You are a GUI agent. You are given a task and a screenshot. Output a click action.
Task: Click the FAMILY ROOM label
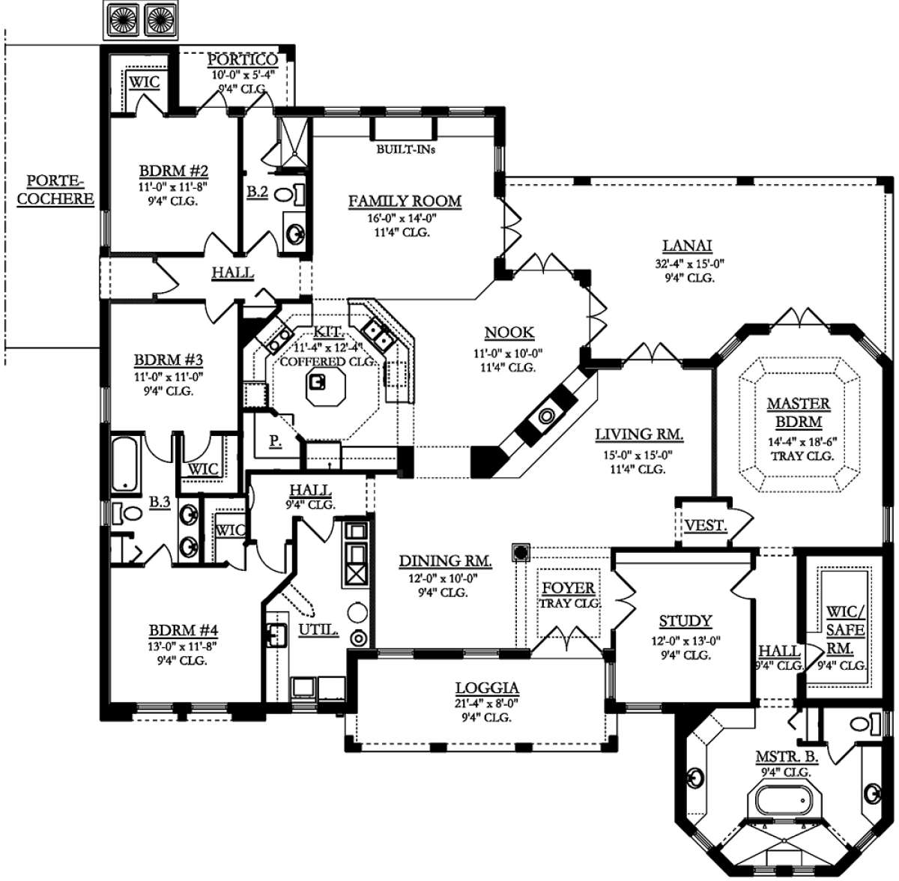(x=405, y=201)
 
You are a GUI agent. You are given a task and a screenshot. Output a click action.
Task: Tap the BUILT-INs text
(x=406, y=150)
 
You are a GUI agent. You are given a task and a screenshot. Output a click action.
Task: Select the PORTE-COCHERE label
(x=55, y=190)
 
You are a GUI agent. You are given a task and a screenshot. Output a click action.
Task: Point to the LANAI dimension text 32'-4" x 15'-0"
(x=689, y=264)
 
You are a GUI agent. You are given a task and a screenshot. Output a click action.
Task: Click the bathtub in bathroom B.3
(x=125, y=464)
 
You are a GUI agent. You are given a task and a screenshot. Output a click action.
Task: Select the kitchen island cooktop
(x=317, y=383)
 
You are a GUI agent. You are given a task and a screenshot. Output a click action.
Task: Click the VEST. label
(x=706, y=526)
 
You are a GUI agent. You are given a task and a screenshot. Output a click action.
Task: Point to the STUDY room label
(x=685, y=621)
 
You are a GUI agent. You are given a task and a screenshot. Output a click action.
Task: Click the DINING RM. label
(x=445, y=561)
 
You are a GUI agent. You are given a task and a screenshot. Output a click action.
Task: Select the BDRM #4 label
(x=184, y=631)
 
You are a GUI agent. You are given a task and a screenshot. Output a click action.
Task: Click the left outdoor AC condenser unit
(x=123, y=19)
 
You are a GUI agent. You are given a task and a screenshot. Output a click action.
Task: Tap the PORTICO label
(x=243, y=60)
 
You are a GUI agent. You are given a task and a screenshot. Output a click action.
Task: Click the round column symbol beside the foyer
(x=521, y=552)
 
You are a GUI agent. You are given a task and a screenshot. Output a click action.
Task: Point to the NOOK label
(x=509, y=333)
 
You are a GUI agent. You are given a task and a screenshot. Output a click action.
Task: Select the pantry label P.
(x=275, y=441)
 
